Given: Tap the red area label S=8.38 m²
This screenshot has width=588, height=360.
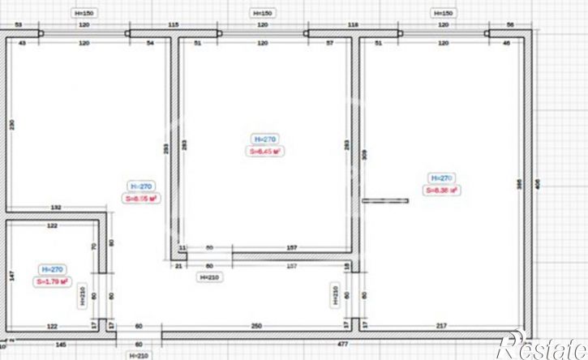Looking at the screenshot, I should tap(441, 191).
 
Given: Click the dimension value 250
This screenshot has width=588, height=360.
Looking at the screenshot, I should tap(256, 325).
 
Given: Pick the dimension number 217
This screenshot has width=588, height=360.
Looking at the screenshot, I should tap(441, 325).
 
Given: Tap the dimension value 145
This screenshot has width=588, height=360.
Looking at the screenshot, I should tap(61, 345).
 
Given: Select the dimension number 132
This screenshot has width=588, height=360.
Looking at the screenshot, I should tap(56, 208).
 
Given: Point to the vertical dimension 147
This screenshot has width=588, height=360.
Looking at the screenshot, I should tap(12, 276).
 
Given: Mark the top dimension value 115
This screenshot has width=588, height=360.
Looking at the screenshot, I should tap(173, 25).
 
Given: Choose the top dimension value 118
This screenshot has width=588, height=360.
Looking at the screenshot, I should tap(353, 25).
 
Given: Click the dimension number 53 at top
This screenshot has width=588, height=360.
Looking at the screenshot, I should tap(18, 25).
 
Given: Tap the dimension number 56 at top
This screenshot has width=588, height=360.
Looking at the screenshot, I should tap(509, 25).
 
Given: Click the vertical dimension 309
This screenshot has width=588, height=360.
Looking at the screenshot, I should tap(364, 154).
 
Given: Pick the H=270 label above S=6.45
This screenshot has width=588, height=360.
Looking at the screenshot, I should tap(266, 139).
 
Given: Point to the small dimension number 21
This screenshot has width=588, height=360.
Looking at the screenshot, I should tap(178, 265).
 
